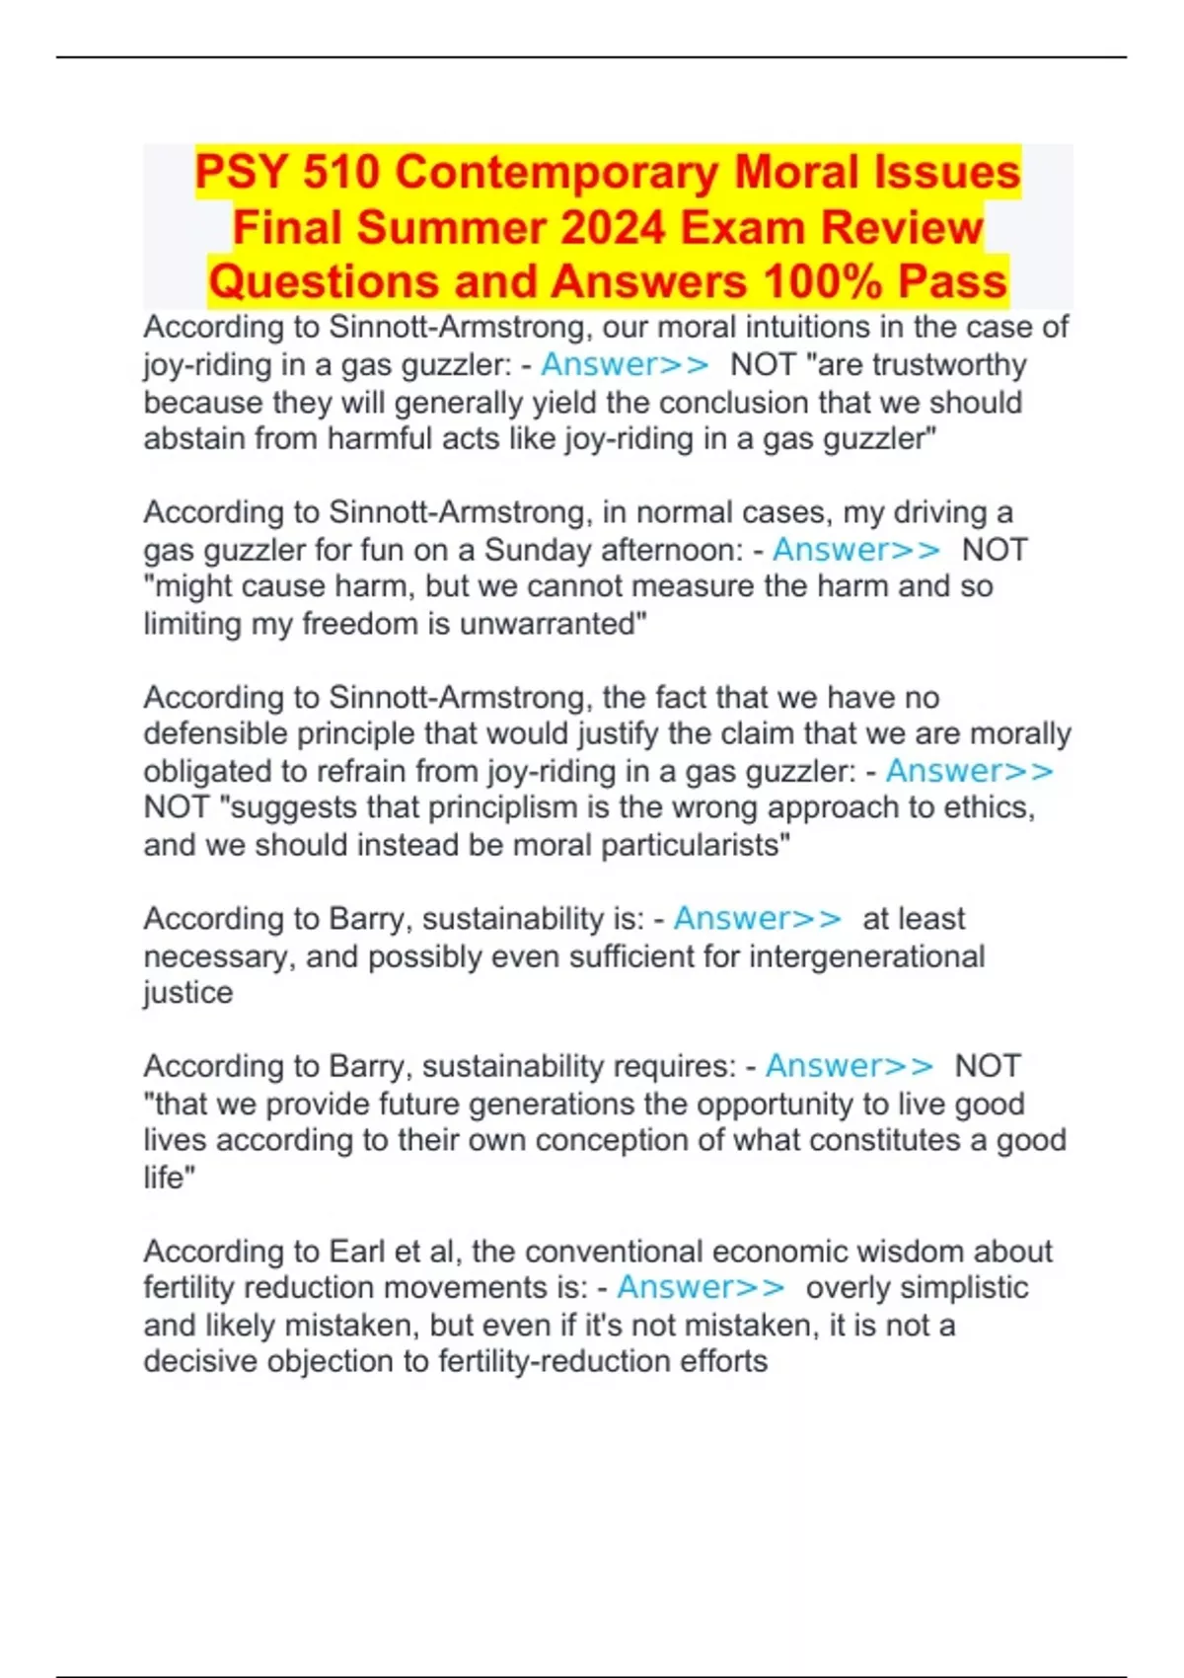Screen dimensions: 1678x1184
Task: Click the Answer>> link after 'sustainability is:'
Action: (x=757, y=919)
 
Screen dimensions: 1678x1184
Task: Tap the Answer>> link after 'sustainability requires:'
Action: (x=849, y=1066)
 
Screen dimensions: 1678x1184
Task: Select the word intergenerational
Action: (x=867, y=956)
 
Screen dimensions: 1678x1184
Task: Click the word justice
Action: (x=188, y=993)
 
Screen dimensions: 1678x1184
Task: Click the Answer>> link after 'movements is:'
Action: (x=701, y=1288)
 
